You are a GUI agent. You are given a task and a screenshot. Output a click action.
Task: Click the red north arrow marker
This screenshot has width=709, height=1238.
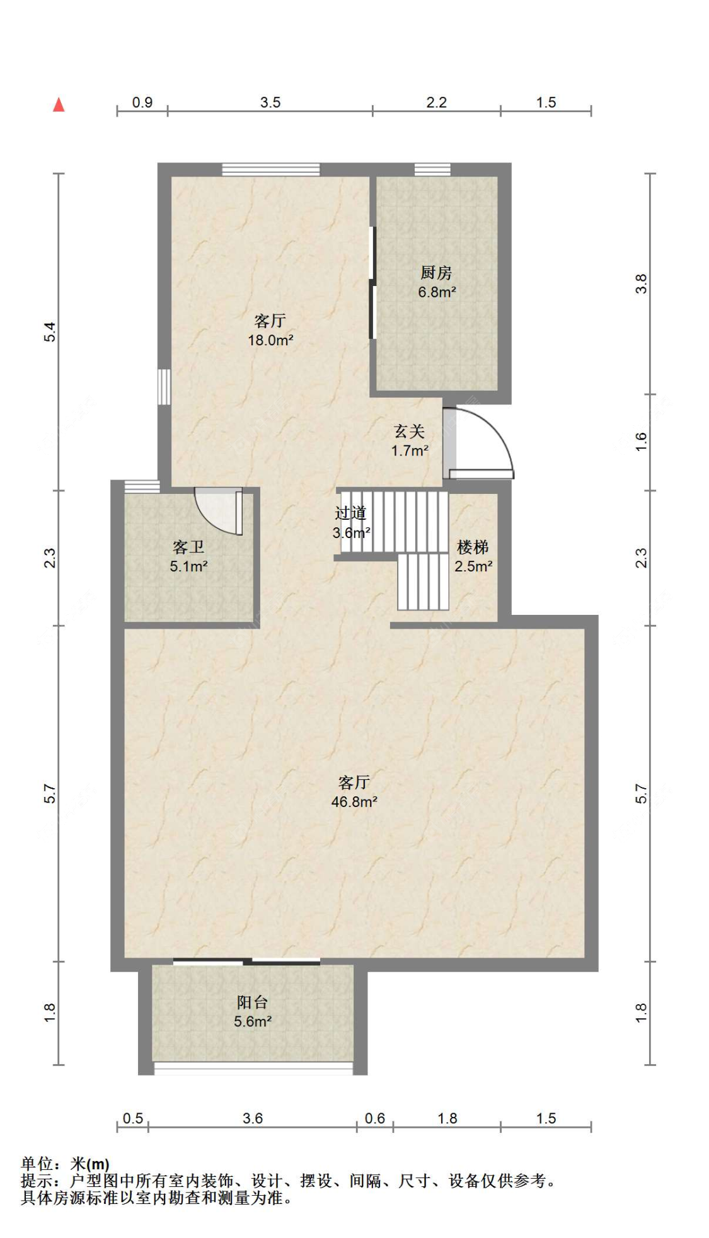tap(59, 105)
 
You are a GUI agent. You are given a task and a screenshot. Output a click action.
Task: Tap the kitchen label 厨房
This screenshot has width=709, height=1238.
tap(436, 273)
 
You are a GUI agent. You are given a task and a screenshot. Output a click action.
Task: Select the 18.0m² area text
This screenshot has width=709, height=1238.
tap(270, 340)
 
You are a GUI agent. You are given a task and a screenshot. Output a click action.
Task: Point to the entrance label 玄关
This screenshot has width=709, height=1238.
tap(410, 432)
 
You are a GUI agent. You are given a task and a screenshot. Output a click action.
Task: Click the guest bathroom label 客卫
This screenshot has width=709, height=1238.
tap(188, 547)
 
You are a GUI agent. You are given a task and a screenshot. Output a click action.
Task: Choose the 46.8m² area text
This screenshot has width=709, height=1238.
tap(354, 801)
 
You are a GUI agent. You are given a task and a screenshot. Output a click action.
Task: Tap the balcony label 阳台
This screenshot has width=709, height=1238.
tap(252, 1002)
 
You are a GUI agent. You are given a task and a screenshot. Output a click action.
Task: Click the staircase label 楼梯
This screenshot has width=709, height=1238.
tap(473, 547)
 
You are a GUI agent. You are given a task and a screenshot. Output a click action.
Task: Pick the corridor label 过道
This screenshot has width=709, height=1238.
tap(350, 513)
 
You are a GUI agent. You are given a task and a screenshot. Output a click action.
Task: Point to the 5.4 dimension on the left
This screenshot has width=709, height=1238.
tap(50, 331)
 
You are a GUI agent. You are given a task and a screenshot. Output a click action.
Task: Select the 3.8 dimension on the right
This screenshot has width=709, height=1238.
tap(641, 284)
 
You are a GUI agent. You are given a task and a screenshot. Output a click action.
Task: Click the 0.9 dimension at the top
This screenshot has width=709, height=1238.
tap(142, 102)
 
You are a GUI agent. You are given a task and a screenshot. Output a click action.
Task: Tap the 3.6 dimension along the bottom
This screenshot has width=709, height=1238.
tap(253, 1118)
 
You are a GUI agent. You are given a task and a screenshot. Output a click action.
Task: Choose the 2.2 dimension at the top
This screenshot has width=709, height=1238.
tap(436, 102)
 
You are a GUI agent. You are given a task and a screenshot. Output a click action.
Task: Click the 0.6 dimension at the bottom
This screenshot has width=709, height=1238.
tap(375, 1118)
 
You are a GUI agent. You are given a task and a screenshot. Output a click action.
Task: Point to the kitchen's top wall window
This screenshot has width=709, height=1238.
tap(432, 169)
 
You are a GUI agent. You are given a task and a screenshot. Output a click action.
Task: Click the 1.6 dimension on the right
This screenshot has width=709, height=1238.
tap(641, 441)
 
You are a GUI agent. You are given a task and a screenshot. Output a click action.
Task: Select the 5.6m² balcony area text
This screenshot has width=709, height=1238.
tap(253, 1021)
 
